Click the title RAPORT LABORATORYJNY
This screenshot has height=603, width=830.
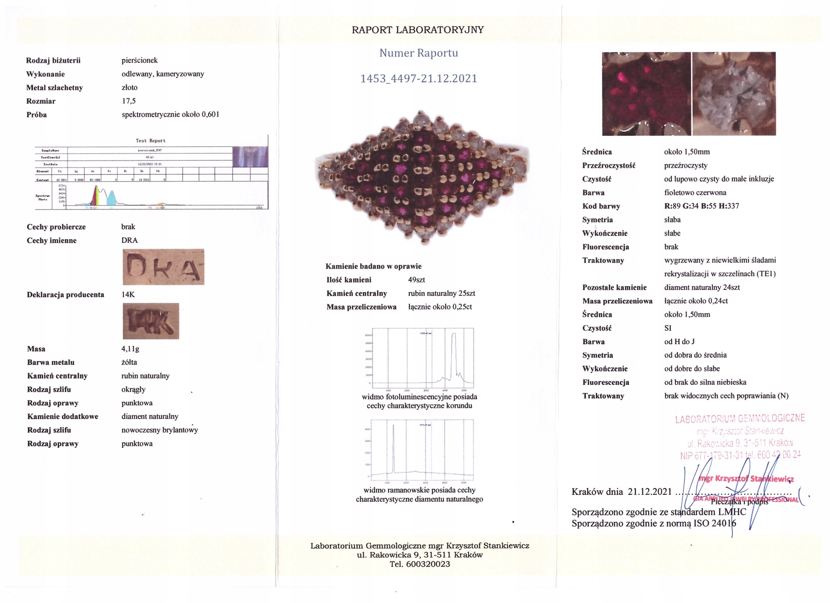coord(418,30)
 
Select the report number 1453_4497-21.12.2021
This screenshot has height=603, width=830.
coord(419,79)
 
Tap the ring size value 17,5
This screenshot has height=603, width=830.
coord(129,101)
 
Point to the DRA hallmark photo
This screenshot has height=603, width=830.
coord(163,267)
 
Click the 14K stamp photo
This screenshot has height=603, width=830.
coord(151,321)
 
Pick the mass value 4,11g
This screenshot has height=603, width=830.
coord(130,349)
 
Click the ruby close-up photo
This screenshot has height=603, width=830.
coord(646,94)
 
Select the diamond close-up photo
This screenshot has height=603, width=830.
coord(734,94)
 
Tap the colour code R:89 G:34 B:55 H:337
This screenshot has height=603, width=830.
coord(702,206)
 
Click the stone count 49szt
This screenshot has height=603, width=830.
coord(417,280)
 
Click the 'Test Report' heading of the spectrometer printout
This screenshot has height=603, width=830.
coord(150,141)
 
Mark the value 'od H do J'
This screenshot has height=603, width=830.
coord(679,342)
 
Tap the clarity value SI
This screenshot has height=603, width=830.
coord(668,328)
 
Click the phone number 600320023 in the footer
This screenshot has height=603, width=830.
coord(428,564)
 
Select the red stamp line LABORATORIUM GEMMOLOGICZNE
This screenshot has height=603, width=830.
coord(740,419)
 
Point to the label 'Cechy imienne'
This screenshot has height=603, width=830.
coord(52,241)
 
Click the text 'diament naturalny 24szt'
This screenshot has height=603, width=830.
coord(702,287)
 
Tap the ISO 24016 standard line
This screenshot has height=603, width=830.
coord(654,523)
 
